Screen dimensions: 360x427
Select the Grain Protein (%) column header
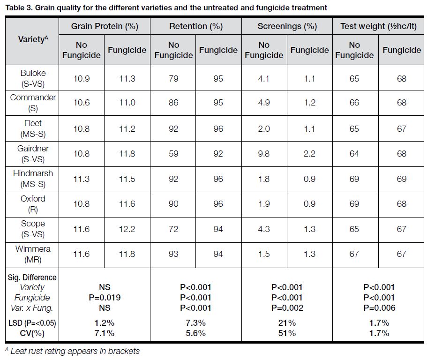(x=105, y=26)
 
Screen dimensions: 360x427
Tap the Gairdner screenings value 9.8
(x=264, y=154)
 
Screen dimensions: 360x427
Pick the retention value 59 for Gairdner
(x=173, y=154)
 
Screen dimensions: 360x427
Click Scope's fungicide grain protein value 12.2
(x=127, y=229)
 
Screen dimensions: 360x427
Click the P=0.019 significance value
(x=105, y=298)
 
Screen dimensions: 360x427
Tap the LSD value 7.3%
(x=195, y=323)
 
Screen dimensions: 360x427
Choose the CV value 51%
(x=287, y=333)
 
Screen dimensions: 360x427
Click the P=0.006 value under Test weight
(x=379, y=308)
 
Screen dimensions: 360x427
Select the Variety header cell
(x=32, y=39)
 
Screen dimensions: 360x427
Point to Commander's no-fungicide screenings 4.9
(x=264, y=103)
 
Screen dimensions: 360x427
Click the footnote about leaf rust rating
(x=73, y=351)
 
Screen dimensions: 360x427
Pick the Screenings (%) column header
(x=287, y=26)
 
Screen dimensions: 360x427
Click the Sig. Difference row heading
(x=32, y=277)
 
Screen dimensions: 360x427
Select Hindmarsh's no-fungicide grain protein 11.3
(x=82, y=179)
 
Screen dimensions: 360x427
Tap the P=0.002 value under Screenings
(x=287, y=308)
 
